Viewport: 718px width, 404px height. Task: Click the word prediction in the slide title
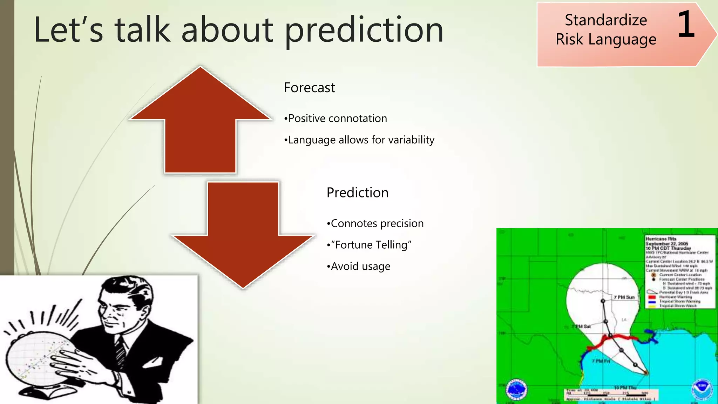[364, 31]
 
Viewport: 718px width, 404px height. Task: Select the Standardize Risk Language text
[606, 30]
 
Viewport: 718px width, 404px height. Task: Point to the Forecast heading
[309, 88]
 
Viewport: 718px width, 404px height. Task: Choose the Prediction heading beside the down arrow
[357, 193]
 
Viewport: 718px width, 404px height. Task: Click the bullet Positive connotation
[336, 119]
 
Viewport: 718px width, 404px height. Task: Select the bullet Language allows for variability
[359, 140]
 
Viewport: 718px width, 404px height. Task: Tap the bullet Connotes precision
[375, 223]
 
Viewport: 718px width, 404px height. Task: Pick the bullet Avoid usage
[359, 266]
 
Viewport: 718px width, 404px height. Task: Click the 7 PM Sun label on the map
[624, 297]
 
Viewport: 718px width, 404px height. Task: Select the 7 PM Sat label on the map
[582, 326]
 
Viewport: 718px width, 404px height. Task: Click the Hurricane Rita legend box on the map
[679, 272]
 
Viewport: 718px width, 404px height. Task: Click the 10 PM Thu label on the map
[625, 388]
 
